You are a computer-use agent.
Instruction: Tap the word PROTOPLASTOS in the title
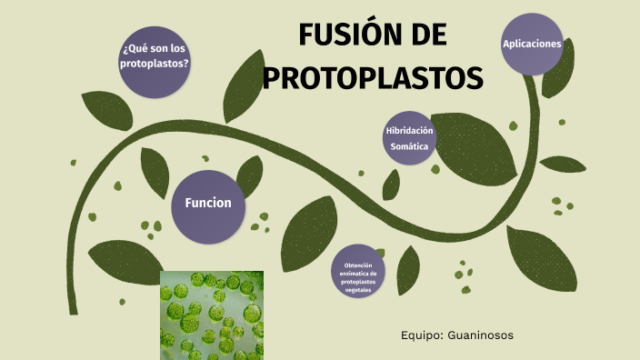tap(373, 76)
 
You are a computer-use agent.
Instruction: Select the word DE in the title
tap(424, 36)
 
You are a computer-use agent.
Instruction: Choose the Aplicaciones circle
tap(532, 44)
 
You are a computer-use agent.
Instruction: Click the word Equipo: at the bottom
tap(421, 335)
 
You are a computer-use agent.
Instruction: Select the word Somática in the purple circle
tap(409, 145)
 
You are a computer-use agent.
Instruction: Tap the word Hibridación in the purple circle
tap(409, 131)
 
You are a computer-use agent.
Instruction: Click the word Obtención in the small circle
tap(359, 265)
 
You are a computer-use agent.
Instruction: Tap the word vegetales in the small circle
tap(358, 289)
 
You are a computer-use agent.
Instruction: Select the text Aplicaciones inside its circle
tap(532, 43)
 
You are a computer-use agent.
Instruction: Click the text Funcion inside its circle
tap(208, 203)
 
